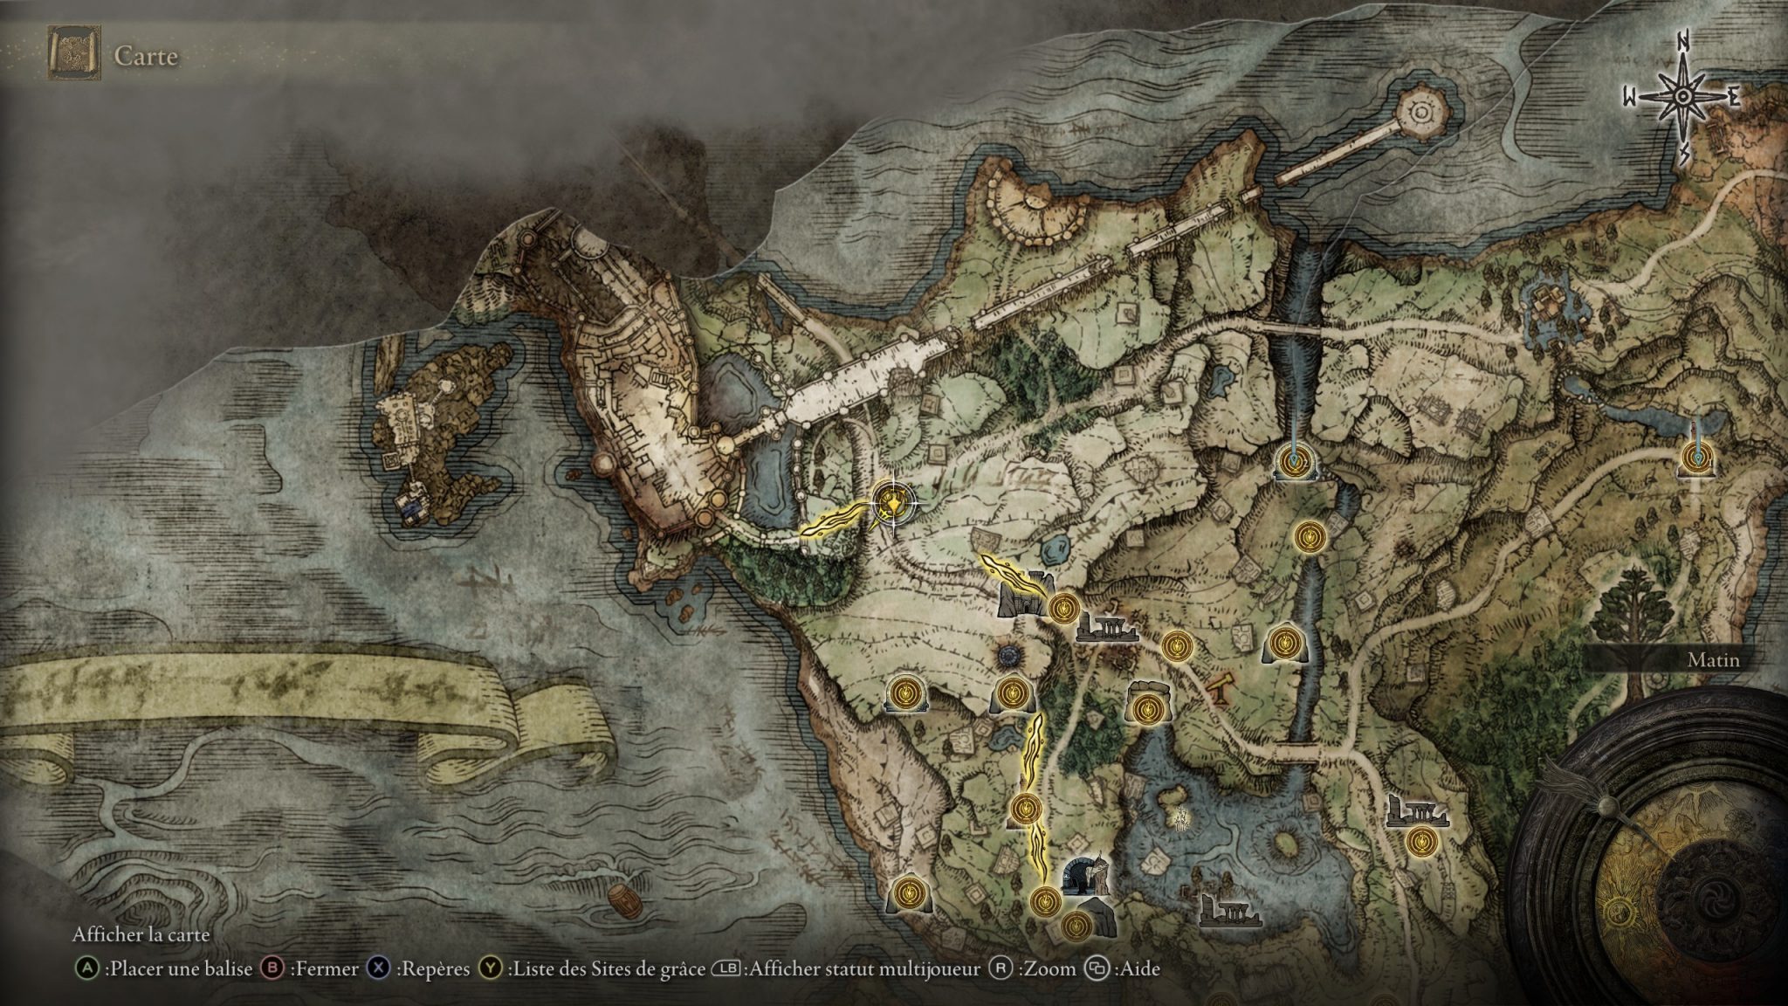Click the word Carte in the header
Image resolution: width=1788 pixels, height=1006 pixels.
click(146, 57)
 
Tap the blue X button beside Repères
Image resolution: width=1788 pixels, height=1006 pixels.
click(380, 968)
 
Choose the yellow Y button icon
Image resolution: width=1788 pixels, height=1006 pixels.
click(492, 968)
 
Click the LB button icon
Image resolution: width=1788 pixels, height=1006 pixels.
click(726, 968)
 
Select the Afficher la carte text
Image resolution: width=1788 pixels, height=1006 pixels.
click(141, 934)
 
